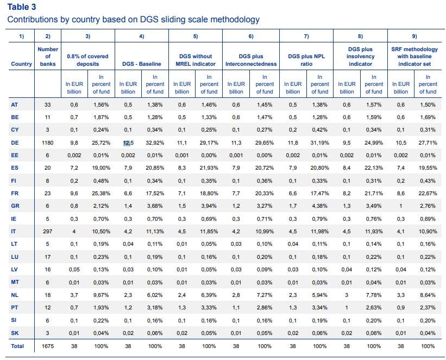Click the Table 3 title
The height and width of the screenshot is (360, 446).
point(22,7)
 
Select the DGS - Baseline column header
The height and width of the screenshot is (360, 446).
point(142,64)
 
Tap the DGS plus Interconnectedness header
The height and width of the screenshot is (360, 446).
point(251,60)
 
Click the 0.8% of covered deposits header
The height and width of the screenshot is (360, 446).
point(87,60)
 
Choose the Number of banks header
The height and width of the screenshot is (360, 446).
point(48,57)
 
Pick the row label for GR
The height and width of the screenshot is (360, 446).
point(15,206)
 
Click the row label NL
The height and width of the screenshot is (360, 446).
point(15,295)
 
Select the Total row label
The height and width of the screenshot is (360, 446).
point(17,346)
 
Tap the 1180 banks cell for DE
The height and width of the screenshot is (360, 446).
point(47,142)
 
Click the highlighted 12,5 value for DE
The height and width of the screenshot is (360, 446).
point(128,142)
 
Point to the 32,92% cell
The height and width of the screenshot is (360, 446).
point(155,142)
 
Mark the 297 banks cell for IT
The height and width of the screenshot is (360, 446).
point(47,232)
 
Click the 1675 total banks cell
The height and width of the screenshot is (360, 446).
point(47,346)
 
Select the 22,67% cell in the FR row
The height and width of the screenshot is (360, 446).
point(428,194)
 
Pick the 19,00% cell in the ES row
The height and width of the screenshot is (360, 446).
point(101,168)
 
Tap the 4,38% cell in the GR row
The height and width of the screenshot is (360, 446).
point(320,206)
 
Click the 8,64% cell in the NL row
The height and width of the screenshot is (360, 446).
point(428,295)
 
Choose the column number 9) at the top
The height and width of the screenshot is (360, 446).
point(414,36)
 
